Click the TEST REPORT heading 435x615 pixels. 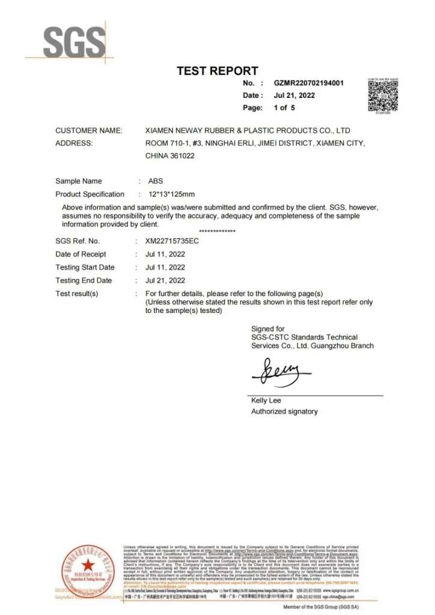click(x=217, y=71)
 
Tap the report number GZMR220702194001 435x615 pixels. click(x=308, y=83)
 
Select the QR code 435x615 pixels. click(x=382, y=96)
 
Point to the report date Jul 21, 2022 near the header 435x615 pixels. click(x=294, y=95)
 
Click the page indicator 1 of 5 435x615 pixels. click(x=284, y=108)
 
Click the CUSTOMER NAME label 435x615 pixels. click(x=89, y=130)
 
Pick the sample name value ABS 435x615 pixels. click(x=155, y=181)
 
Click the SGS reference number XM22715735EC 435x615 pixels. click(x=172, y=241)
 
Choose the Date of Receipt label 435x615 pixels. click(x=81, y=254)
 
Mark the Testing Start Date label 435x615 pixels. click(x=85, y=267)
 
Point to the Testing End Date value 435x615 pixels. click(x=165, y=280)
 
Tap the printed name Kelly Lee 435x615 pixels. click(x=266, y=400)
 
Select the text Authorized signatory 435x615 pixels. click(x=284, y=411)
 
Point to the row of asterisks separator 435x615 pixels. click(x=217, y=232)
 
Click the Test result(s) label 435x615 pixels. click(x=77, y=294)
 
